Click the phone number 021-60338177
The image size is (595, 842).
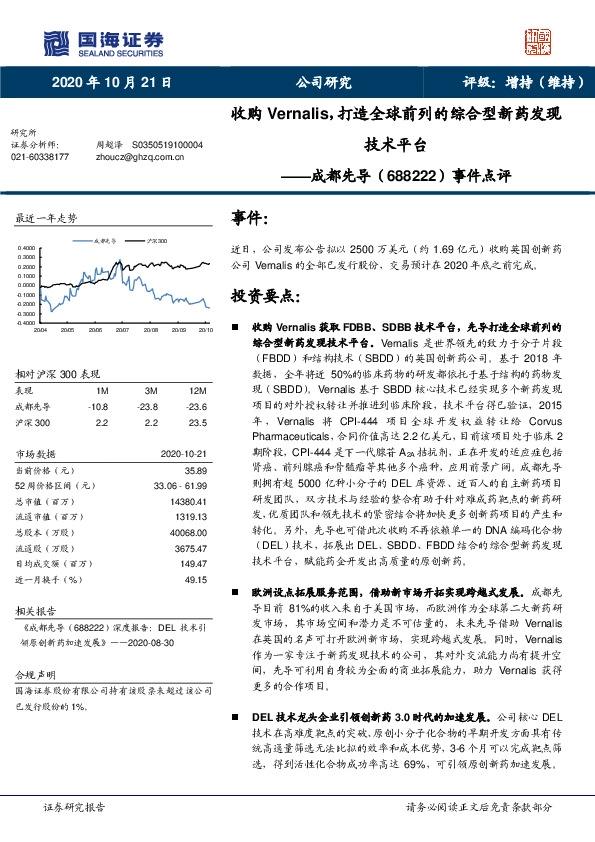[x=40, y=157]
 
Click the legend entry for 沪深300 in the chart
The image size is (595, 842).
[x=155, y=241]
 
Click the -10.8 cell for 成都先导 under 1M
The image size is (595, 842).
[x=99, y=406]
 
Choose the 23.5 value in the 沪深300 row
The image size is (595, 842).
[x=199, y=422]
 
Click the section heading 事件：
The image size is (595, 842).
[x=250, y=218]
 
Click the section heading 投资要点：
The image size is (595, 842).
[x=265, y=297]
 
